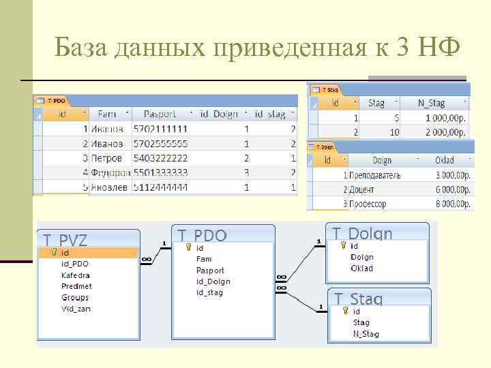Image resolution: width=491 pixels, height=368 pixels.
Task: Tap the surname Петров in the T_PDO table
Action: click(x=108, y=158)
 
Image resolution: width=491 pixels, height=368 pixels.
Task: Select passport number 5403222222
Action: click(x=160, y=158)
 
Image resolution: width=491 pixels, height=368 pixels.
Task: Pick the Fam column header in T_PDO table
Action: click(x=107, y=114)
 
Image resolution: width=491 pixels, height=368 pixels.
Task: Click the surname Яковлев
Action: click(x=108, y=186)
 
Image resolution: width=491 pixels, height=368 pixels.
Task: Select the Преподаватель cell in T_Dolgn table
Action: click(x=374, y=175)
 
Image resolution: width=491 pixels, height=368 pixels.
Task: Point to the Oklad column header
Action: click(x=444, y=161)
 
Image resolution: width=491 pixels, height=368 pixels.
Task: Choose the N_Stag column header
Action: click(x=432, y=104)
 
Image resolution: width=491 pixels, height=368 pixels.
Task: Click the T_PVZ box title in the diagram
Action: click(x=65, y=240)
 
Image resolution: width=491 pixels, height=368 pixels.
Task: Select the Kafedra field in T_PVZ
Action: click(x=75, y=275)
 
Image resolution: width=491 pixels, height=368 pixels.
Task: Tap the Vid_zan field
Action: click(x=76, y=309)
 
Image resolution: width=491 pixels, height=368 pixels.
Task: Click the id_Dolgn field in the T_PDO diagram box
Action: click(x=213, y=281)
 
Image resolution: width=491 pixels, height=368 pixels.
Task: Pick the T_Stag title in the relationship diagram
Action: click(x=358, y=298)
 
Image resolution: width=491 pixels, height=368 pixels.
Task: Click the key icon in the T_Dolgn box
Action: click(x=344, y=245)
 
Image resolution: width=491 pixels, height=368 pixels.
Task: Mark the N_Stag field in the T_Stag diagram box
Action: click(x=366, y=334)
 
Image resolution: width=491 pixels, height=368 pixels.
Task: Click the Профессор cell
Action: click(x=368, y=204)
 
